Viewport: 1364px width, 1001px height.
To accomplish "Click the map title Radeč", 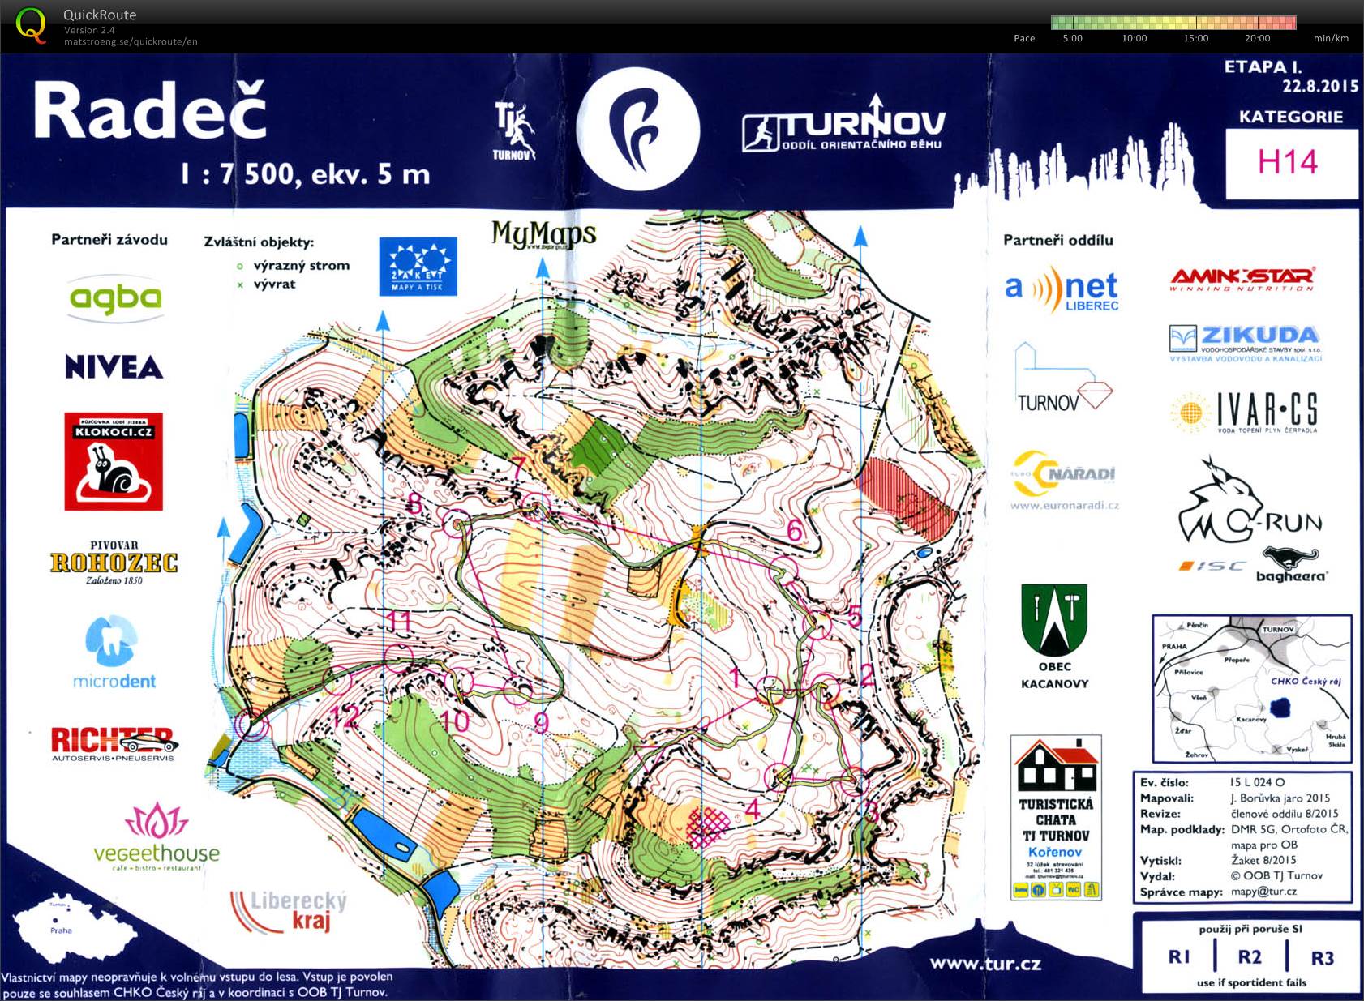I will pos(150,111).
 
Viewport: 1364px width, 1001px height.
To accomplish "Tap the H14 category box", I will pos(1289,162).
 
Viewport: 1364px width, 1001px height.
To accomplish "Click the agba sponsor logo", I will pos(115,298).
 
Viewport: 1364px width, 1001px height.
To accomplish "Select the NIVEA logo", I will pos(114,367).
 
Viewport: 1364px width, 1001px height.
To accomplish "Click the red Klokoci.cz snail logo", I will pos(114,462).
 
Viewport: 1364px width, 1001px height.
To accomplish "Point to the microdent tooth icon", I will pos(111,640).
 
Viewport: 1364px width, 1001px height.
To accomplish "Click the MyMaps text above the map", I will pos(543,235).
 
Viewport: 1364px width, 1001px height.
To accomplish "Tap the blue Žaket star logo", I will pos(418,266).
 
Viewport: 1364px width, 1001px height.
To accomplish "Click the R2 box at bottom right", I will pos(1250,957).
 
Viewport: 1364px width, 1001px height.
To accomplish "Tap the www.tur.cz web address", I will pos(984,964).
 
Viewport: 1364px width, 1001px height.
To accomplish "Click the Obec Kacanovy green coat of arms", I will pos(1054,620).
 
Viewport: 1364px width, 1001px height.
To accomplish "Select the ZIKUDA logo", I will pos(1245,341).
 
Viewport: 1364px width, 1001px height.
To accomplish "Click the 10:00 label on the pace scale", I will pos(1134,38).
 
